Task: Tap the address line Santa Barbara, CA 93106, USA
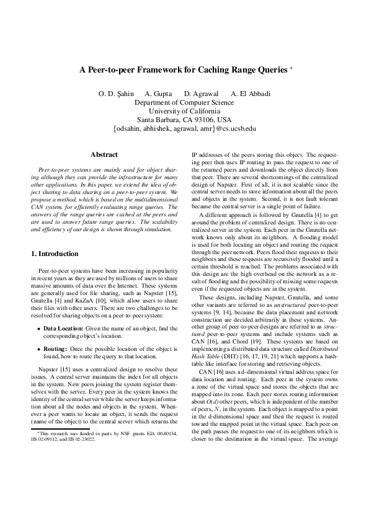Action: (184, 119)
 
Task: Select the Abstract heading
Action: (104, 154)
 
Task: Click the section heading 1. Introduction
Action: (55, 254)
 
